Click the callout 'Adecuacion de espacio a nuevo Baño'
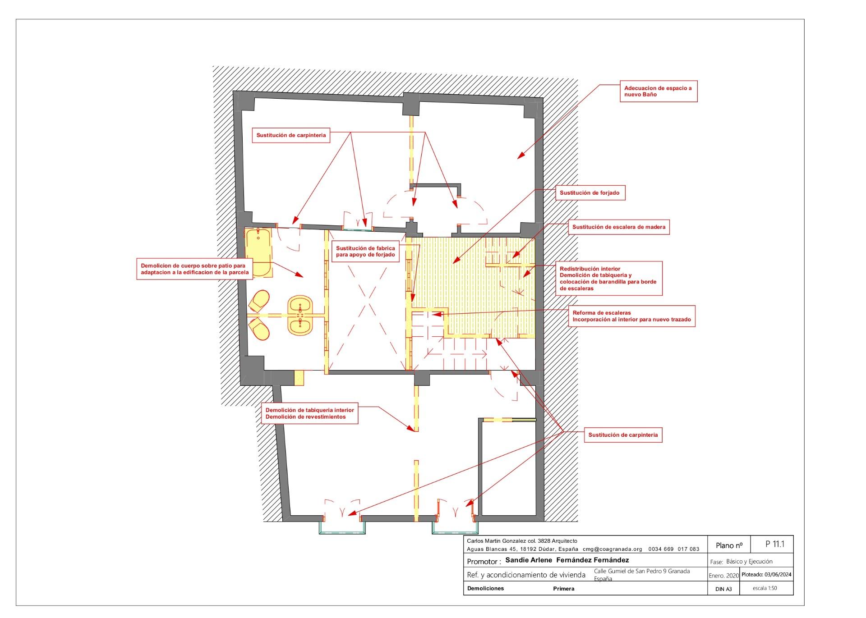tap(658, 92)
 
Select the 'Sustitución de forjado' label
tap(590, 193)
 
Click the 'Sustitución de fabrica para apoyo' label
tap(365, 252)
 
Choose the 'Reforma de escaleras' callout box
tap(631, 316)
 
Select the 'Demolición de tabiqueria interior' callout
tap(310, 413)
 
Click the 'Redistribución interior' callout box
tap(608, 279)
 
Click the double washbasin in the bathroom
tap(300, 315)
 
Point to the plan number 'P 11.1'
tap(775, 544)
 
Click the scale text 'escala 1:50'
tap(765, 588)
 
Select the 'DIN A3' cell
tap(723, 589)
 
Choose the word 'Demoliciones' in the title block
tap(485, 588)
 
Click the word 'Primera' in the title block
tap(564, 589)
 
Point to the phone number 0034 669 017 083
tap(674, 549)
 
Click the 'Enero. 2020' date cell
tap(724, 576)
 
